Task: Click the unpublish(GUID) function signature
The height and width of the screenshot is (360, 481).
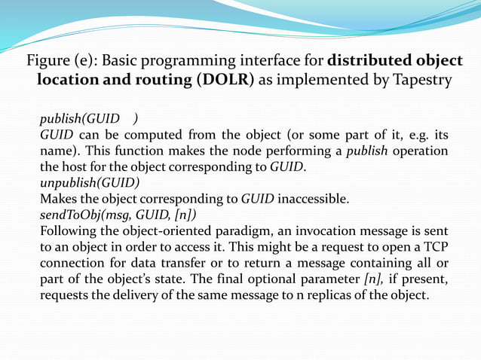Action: (89, 182)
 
